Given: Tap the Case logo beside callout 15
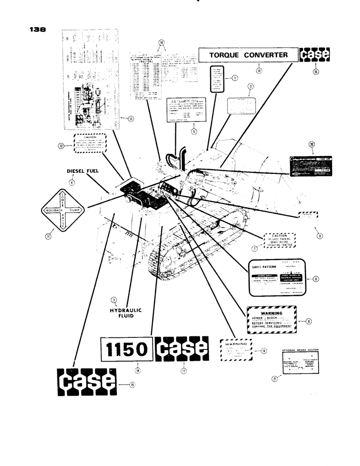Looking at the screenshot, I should [314, 55].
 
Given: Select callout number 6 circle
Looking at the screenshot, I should [316, 279].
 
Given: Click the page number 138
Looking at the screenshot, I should [36, 28].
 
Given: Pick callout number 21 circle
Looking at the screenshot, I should [274, 379].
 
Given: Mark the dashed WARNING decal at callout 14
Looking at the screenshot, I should [236, 349].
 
